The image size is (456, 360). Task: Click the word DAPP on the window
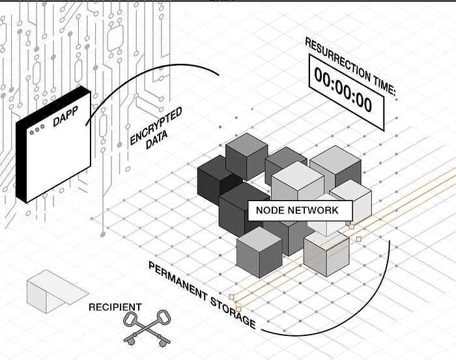point(63,122)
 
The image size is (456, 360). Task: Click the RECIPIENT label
point(115,307)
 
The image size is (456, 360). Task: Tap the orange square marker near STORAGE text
point(238,309)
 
